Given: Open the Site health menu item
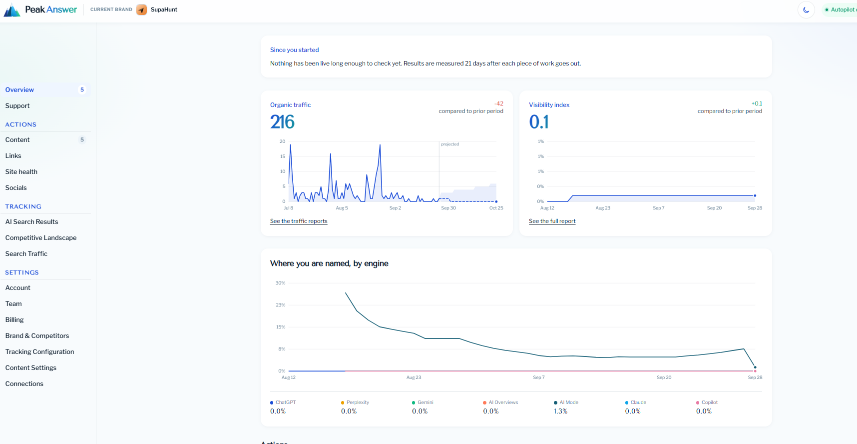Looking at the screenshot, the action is pos(21,171).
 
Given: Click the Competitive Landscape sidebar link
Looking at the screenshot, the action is pos(41,237).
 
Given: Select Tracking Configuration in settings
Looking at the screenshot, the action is pos(39,351).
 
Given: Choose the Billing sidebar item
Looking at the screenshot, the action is pos(14,319).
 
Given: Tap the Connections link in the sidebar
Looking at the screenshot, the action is pos(24,383).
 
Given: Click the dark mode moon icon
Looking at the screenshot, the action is pos(806,9).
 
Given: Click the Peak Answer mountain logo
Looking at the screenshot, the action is pos(12,10).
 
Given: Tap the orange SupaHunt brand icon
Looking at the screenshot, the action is pos(142,9).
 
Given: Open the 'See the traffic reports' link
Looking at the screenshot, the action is pos(299,221).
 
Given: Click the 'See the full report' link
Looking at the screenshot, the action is pos(552,221).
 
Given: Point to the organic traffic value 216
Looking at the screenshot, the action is pos(283,122).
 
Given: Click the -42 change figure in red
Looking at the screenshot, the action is pos(499,103).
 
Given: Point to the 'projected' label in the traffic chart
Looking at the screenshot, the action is pos(450,144).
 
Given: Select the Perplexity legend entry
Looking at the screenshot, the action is pos(355,402).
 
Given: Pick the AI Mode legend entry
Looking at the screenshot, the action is pos(566,402).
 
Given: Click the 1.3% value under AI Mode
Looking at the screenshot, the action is pos(560,411).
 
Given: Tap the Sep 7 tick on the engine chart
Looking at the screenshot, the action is pos(539,377).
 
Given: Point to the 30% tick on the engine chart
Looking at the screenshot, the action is pos(281,283).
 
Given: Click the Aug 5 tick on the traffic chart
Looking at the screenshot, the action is pos(342,208).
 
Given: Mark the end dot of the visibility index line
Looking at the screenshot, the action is pos(755,195).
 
